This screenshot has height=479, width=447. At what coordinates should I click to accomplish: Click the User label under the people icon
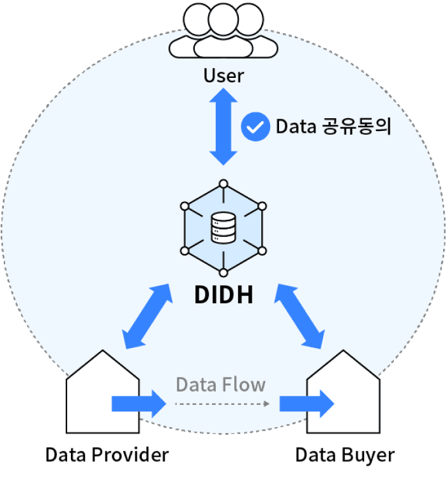(223, 76)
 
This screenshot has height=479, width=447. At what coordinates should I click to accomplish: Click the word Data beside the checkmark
(295, 126)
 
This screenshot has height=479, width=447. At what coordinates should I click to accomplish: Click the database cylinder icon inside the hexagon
(223, 227)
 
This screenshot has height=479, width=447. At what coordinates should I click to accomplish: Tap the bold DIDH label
(223, 295)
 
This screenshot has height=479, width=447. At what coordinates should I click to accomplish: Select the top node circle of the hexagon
(223, 185)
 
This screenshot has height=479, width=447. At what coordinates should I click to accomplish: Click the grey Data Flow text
(220, 384)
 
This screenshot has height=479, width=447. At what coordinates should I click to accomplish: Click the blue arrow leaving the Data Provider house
(138, 403)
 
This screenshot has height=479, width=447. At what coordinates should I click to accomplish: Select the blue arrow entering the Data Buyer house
(307, 403)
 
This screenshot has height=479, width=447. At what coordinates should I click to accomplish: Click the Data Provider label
(107, 455)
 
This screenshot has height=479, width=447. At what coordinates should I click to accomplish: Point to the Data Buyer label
(344, 455)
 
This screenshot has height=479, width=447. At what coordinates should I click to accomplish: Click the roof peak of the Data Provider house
(102, 353)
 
